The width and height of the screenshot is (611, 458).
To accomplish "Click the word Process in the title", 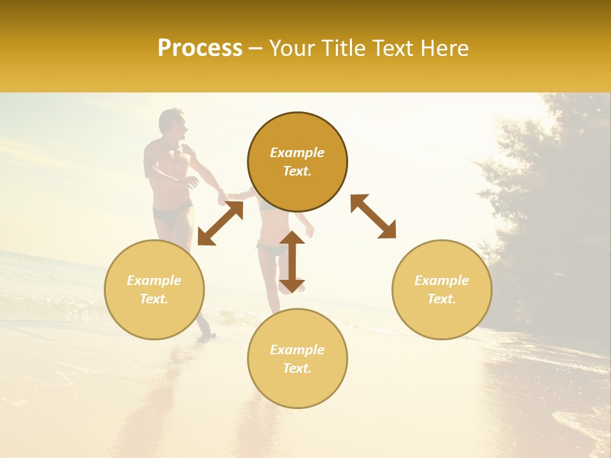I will (200, 48).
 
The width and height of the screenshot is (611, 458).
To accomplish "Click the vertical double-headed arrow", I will (292, 261).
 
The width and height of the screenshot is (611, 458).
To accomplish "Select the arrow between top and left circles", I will (220, 223).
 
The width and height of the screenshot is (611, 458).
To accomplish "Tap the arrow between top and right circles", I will (373, 216).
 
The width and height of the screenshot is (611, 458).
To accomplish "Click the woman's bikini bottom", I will (272, 248).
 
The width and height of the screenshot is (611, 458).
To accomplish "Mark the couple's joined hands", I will (224, 198).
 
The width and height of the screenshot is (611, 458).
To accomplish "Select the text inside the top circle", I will (297, 162).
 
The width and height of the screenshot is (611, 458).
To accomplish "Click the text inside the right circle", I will (442, 289).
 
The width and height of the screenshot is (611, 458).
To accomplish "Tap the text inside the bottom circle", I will (297, 359).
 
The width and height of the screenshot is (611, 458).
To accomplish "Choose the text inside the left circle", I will (154, 289).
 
